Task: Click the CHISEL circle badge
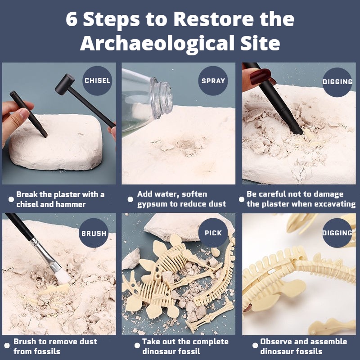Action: pos(97,81)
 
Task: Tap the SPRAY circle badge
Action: pos(213,81)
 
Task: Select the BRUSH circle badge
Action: pos(94,233)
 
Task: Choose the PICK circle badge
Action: pos(213,233)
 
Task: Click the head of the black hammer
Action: pos(65,84)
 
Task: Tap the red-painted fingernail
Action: pos(260,76)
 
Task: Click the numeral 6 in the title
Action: pos(72,19)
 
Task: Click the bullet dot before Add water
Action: pos(130,199)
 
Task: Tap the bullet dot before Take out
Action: pos(137,345)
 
